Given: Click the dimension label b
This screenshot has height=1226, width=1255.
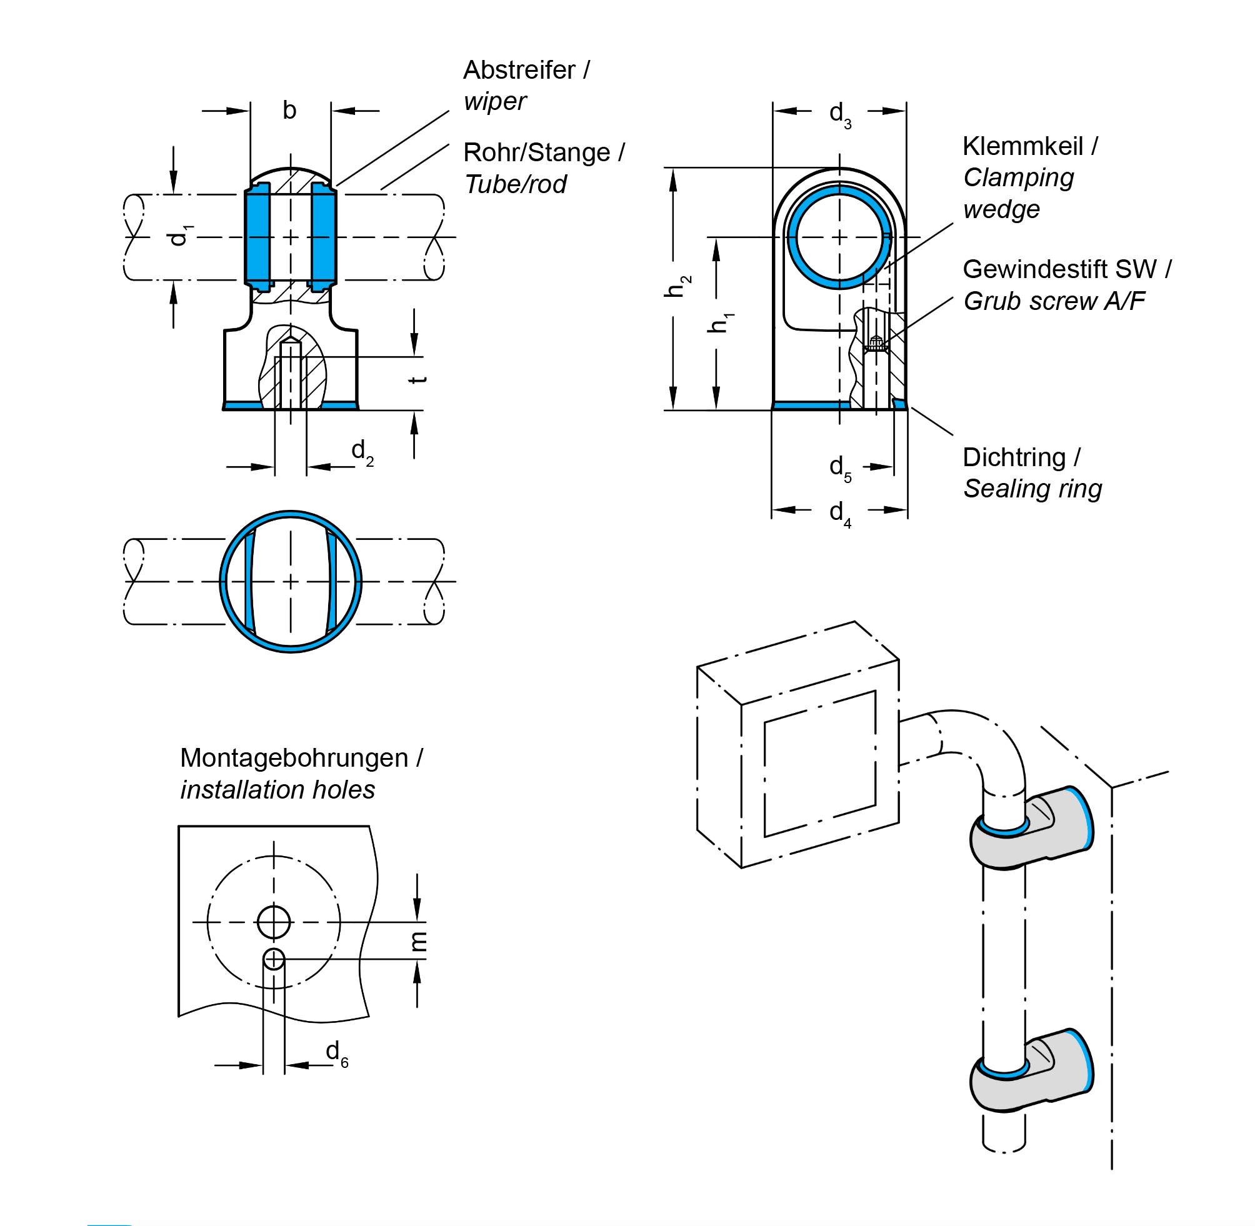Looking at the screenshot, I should click(290, 111).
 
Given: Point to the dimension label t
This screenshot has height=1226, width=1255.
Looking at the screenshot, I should click(418, 379).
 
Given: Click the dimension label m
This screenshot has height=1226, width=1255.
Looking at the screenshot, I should click(419, 941).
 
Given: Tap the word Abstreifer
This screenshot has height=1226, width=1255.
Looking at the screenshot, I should click(519, 70).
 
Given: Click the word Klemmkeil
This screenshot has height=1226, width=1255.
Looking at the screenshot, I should click(1022, 147).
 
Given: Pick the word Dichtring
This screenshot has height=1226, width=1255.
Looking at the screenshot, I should click(1014, 457).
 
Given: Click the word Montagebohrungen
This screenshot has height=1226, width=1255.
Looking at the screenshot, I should click(294, 758).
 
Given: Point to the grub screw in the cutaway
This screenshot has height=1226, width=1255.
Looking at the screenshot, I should click(875, 343).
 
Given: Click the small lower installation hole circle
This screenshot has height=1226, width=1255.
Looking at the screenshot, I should click(274, 959).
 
